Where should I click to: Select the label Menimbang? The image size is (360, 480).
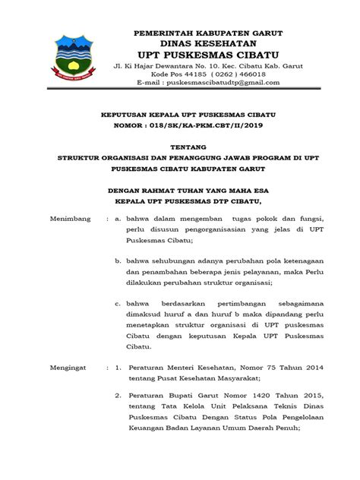click(69, 218)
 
